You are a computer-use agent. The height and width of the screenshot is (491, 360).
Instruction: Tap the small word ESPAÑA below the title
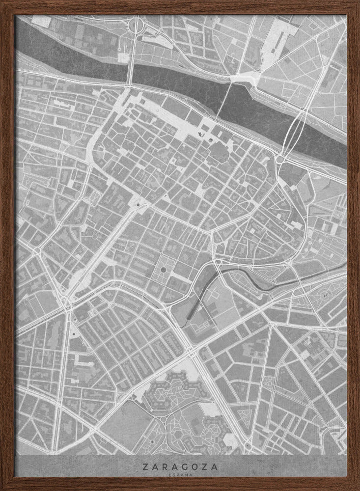180,475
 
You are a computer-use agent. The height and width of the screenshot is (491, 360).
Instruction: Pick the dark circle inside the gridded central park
163,270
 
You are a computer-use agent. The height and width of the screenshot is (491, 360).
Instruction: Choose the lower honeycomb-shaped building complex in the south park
218,427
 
